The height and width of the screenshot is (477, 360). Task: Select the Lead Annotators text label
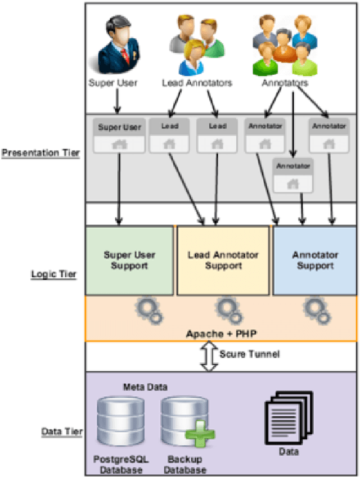(x=196, y=83)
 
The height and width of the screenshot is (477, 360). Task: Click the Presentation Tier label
(x=40, y=153)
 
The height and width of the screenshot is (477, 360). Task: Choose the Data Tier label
(x=62, y=432)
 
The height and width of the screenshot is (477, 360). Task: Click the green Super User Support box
(x=129, y=260)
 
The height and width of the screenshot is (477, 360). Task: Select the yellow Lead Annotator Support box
(x=223, y=260)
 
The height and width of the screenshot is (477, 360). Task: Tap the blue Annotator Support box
(x=315, y=260)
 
